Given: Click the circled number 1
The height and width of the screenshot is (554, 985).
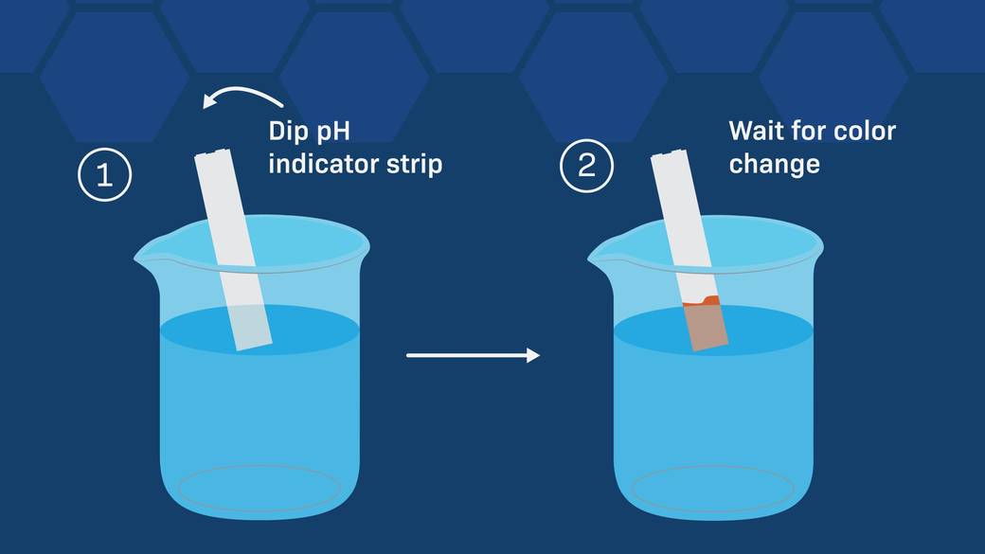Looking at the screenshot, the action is click(105, 174).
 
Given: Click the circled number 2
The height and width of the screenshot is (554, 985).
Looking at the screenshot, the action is click(586, 165).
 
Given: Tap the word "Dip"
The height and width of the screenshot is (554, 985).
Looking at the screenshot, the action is click(292, 131).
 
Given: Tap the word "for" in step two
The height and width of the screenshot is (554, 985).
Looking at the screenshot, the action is click(809, 131).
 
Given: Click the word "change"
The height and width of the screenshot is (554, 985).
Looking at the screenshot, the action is click(774, 165).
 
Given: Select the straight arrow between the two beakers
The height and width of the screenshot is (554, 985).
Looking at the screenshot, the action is click(473, 355).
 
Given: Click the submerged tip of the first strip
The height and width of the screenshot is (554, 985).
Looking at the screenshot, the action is click(249, 327).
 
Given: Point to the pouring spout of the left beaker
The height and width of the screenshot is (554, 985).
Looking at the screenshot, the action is click(149, 253).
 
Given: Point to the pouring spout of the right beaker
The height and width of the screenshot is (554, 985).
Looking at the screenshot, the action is click(601, 253).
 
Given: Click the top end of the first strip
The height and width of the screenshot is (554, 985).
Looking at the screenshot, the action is click(210, 153).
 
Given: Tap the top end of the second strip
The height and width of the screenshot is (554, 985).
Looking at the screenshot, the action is click(667, 153).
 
